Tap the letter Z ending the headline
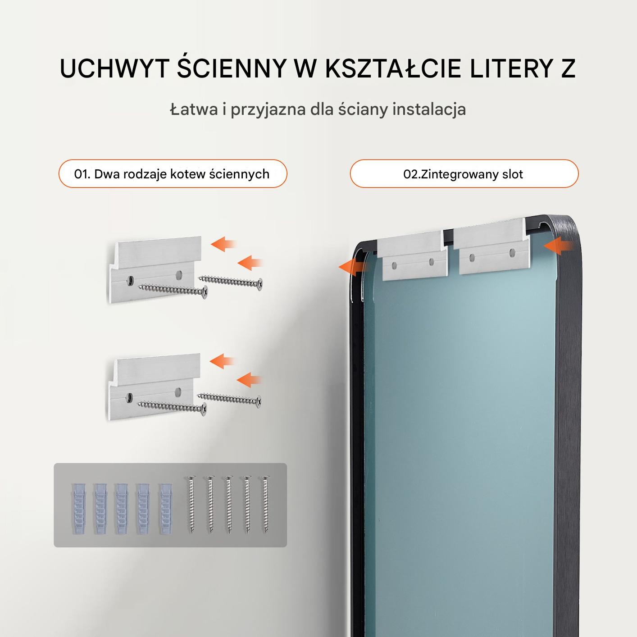(x=568, y=68)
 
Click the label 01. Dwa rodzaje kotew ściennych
(x=172, y=174)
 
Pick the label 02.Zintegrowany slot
(x=463, y=174)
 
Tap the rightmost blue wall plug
(x=166, y=509)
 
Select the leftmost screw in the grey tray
(x=191, y=505)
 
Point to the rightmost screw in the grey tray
(x=265, y=505)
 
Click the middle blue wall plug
(x=122, y=509)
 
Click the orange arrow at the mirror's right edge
(x=559, y=246)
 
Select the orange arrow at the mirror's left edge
(x=352, y=267)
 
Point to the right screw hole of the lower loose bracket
(x=179, y=391)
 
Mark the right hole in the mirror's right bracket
(x=512, y=253)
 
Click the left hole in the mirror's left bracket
(x=394, y=265)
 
